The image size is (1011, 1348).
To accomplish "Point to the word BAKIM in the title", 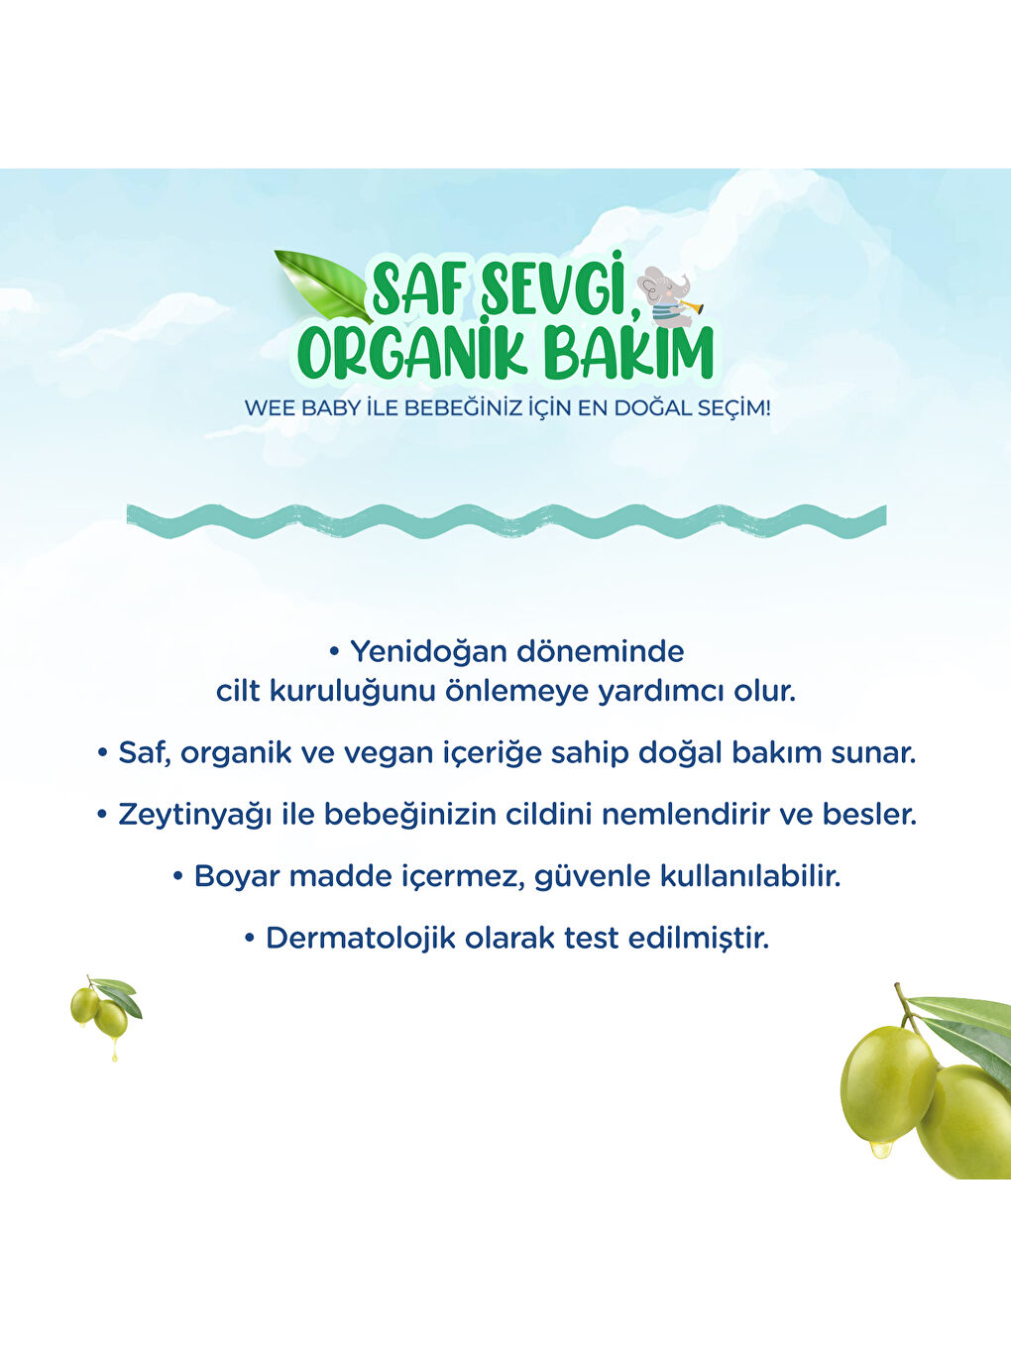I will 624,353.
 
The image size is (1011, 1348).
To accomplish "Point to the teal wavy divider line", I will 505,520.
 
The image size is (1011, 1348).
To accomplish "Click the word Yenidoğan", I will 437,652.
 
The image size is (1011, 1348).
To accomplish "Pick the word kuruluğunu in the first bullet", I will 352,691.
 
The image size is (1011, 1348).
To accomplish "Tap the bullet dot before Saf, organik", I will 102,753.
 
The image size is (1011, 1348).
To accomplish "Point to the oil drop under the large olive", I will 879,1150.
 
